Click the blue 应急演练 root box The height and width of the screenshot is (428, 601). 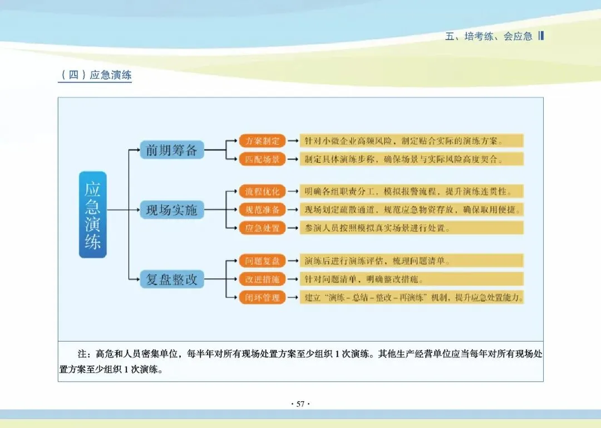pyautogui.click(x=92, y=215)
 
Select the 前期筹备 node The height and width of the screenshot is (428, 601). pyautogui.click(x=172, y=149)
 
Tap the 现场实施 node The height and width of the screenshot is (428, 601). pyautogui.click(x=172, y=210)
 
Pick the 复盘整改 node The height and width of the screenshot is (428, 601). pyautogui.click(x=172, y=279)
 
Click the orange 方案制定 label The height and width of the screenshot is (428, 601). pyautogui.click(x=263, y=140)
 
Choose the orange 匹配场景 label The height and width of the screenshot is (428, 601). pyautogui.click(x=263, y=159)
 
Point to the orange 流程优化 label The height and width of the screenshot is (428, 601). pyautogui.click(x=263, y=191)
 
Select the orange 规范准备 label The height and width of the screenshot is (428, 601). pyautogui.click(x=263, y=210)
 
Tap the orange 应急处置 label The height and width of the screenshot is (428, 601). pyautogui.click(x=263, y=228)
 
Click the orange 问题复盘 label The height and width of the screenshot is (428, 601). pyautogui.click(x=263, y=260)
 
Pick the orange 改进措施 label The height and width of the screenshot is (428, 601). pyautogui.click(x=263, y=279)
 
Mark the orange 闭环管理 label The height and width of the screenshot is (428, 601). pyautogui.click(x=263, y=298)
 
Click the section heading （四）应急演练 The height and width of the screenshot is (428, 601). pyautogui.click(x=95, y=75)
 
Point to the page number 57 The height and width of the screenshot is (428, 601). pyautogui.click(x=300, y=404)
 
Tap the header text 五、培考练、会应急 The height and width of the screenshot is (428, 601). pyautogui.click(x=489, y=37)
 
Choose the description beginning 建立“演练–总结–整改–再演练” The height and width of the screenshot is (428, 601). pyautogui.click(x=412, y=298)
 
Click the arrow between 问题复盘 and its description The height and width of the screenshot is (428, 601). pyautogui.click(x=293, y=260)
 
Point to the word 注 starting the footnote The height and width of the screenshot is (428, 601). pyautogui.click(x=82, y=354)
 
